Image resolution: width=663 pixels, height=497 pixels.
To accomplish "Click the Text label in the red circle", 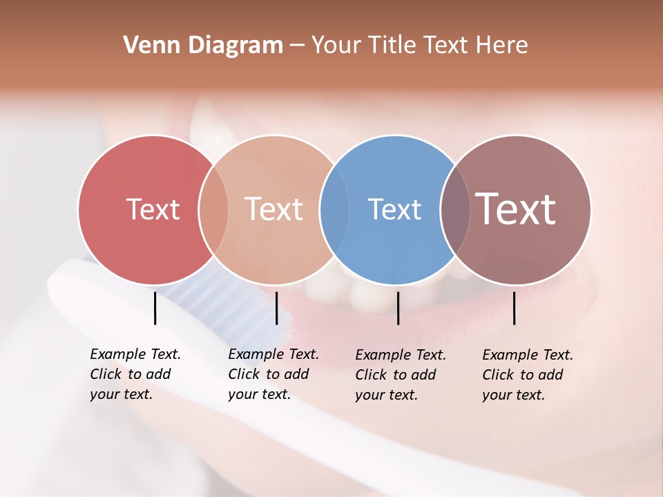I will coord(153,209).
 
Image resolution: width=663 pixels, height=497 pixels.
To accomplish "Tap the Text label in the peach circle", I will coord(274,209).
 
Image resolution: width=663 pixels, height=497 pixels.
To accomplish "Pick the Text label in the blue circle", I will coord(394,209).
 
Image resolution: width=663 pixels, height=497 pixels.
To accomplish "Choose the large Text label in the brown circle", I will coord(516,208).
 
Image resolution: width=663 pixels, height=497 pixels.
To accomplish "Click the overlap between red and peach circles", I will coord(213,209).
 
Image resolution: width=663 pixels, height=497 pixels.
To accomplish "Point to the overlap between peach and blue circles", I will coord(334,209).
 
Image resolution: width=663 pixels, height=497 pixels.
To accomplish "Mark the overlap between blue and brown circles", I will coord(455,209).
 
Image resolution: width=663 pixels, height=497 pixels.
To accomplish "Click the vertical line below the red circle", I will coord(155,308).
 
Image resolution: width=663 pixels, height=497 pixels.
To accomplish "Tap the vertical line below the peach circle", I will coord(276,308).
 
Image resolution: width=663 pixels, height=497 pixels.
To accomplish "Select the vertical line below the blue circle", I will coord(398,308).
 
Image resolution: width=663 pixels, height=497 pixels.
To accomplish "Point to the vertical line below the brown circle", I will coord(515,308).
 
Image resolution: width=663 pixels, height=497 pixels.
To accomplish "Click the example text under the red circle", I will coord(135,374).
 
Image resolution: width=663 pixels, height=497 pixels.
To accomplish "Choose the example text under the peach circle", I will coord(273,374).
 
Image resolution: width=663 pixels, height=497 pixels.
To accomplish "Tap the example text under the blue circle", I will coord(400,375).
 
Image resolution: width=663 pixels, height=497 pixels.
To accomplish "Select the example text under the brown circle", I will coord(527,375).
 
